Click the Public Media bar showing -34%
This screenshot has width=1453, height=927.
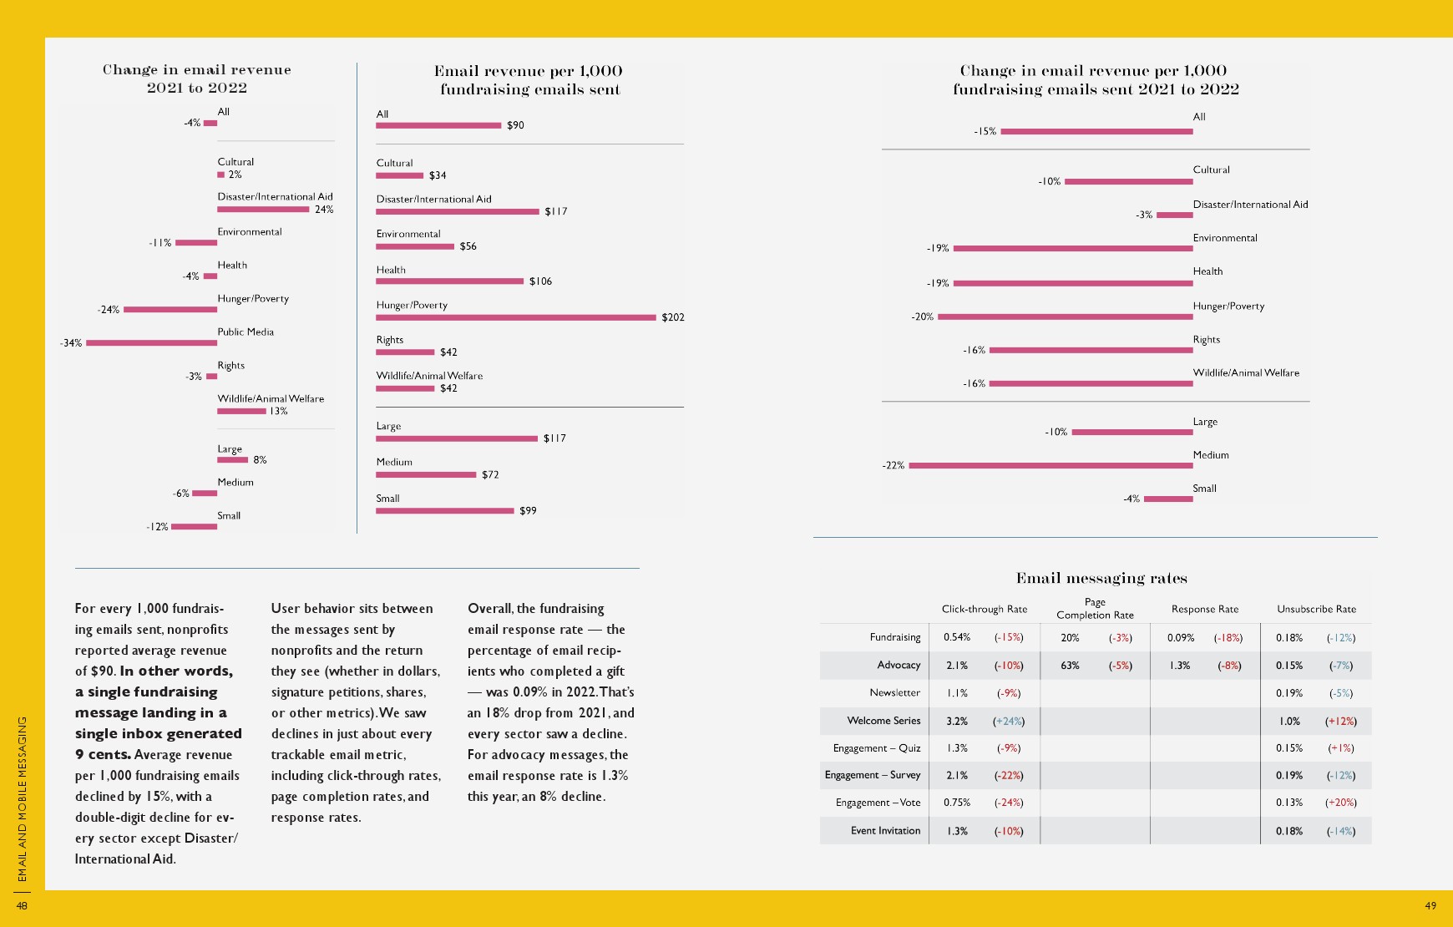151,342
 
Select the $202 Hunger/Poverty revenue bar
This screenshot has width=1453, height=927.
515,317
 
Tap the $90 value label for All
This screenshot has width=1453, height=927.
515,125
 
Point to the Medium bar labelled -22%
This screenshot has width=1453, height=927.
1051,465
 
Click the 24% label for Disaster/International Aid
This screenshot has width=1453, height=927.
324,210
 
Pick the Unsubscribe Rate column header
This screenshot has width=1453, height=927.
1316,609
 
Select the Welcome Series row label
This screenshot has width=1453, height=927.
883,721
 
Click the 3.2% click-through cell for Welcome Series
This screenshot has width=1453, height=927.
957,721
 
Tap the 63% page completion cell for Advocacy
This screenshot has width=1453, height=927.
1070,666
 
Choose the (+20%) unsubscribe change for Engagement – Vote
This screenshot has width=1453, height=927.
1341,803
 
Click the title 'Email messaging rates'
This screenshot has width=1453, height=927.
1101,578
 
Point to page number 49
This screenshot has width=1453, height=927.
1430,905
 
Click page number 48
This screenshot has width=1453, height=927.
22,905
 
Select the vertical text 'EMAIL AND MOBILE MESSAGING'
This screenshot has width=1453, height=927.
23,798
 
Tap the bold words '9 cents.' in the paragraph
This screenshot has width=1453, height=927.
103,754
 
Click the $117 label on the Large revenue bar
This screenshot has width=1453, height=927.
554,438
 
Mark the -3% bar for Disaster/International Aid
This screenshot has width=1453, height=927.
1174,215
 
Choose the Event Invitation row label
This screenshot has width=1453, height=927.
885,831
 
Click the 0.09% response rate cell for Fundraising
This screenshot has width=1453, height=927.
1181,638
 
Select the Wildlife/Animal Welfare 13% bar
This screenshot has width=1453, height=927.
241,411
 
